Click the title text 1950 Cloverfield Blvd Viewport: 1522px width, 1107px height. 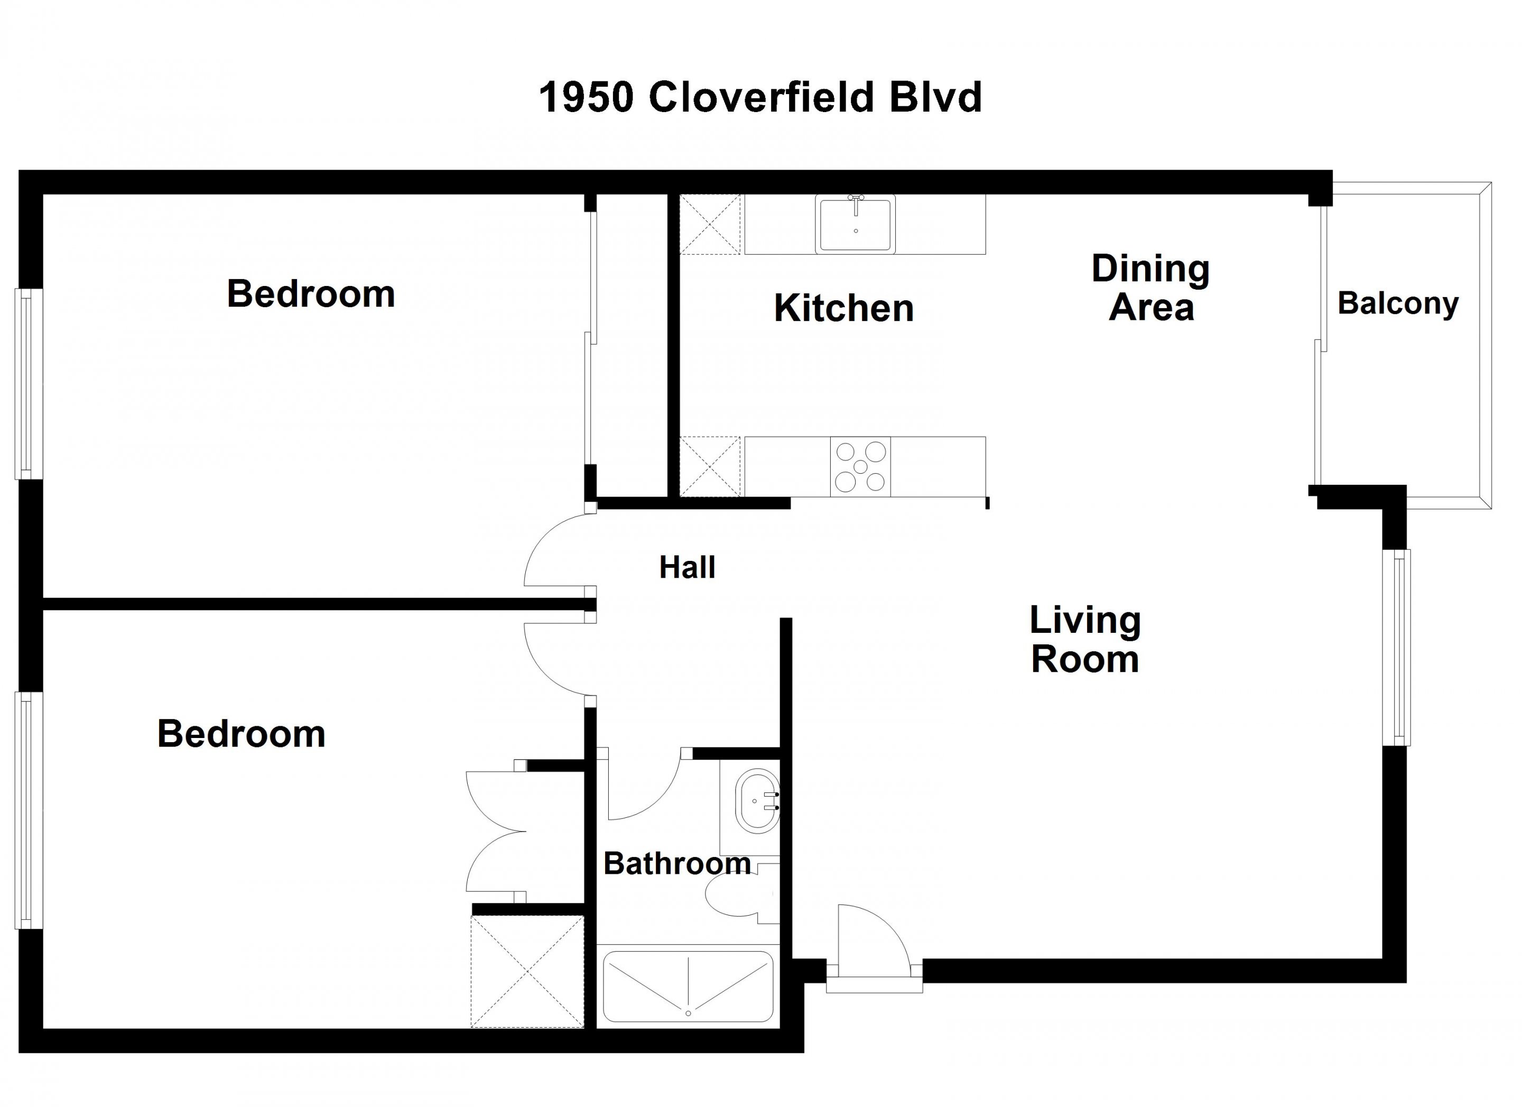pos(760,97)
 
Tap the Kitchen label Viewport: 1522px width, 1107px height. pos(843,308)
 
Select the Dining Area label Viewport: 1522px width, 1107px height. pos(1151,288)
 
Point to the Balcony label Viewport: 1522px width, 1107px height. pos(1398,303)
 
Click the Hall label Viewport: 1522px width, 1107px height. pos(687,567)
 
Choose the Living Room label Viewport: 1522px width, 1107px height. pos(1085,640)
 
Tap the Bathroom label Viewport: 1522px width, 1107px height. pos(677,863)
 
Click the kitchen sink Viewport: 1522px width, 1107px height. pos(856,224)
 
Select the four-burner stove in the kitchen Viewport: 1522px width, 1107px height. pos(860,467)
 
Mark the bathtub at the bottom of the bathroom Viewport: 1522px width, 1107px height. pos(688,987)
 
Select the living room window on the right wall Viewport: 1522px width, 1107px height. pos(1397,647)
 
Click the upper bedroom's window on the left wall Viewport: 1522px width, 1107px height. pos(29,384)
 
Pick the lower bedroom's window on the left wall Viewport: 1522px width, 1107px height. pos(29,810)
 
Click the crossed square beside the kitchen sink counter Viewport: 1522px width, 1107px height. pos(710,224)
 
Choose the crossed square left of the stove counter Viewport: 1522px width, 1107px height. pos(710,467)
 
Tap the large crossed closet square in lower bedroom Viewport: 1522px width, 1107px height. pos(527,971)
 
